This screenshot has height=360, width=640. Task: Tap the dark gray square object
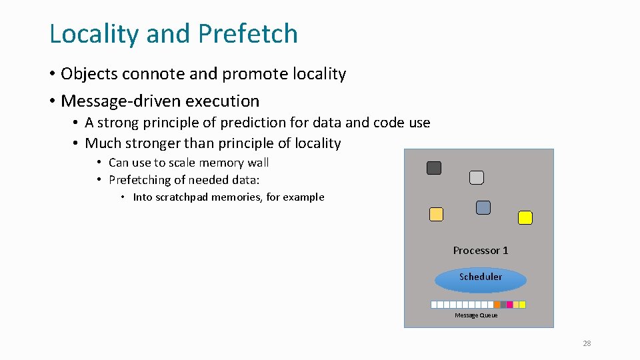point(434,168)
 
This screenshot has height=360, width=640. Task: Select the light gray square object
point(477,177)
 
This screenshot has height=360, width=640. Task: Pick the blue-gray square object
point(483,208)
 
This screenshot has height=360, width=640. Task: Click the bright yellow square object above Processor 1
point(525,218)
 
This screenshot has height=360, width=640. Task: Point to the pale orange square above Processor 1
point(436,215)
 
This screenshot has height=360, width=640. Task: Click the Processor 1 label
point(481,251)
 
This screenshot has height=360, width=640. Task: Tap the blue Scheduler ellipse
point(480,280)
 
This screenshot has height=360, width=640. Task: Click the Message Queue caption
point(476,315)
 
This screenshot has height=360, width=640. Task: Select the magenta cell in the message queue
point(509,305)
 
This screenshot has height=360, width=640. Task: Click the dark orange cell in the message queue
point(497,305)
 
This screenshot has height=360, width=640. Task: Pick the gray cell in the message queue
point(503,305)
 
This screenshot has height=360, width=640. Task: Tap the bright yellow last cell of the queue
point(522,305)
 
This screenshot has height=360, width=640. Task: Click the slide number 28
point(587,343)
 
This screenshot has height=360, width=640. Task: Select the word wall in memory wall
point(257,163)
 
